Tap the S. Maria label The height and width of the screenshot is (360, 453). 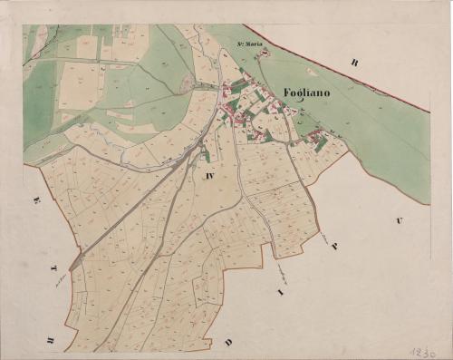coord(248,44)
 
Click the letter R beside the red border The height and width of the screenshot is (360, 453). coord(356,63)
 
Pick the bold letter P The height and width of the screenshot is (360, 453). coord(333,247)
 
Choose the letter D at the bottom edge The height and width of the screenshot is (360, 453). coord(228,342)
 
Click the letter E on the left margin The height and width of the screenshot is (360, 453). coord(36,199)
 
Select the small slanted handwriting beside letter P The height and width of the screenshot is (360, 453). coord(322,238)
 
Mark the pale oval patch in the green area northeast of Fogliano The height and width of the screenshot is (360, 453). coord(313,71)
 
